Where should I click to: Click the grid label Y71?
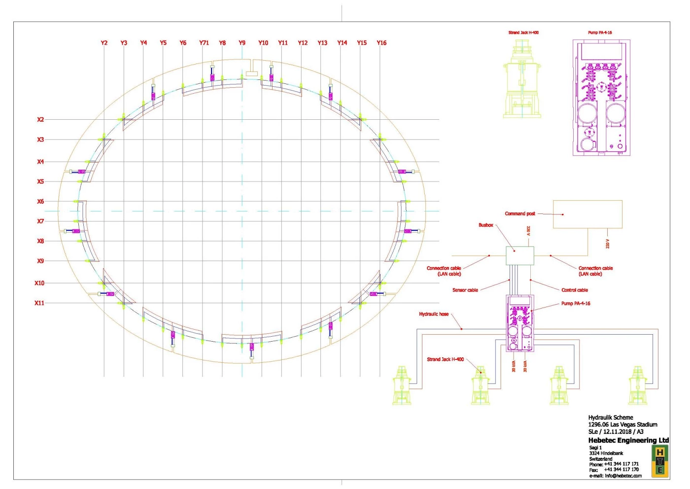click(x=204, y=43)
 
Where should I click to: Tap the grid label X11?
click(x=39, y=303)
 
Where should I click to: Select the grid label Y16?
click(x=381, y=43)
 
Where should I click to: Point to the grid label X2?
click(x=40, y=120)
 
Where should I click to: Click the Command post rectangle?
click(x=587, y=201)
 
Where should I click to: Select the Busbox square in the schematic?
click(x=519, y=247)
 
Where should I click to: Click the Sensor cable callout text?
click(x=465, y=290)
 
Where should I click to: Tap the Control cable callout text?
click(x=575, y=290)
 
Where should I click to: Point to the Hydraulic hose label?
click(x=434, y=314)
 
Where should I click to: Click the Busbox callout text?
click(x=486, y=225)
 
